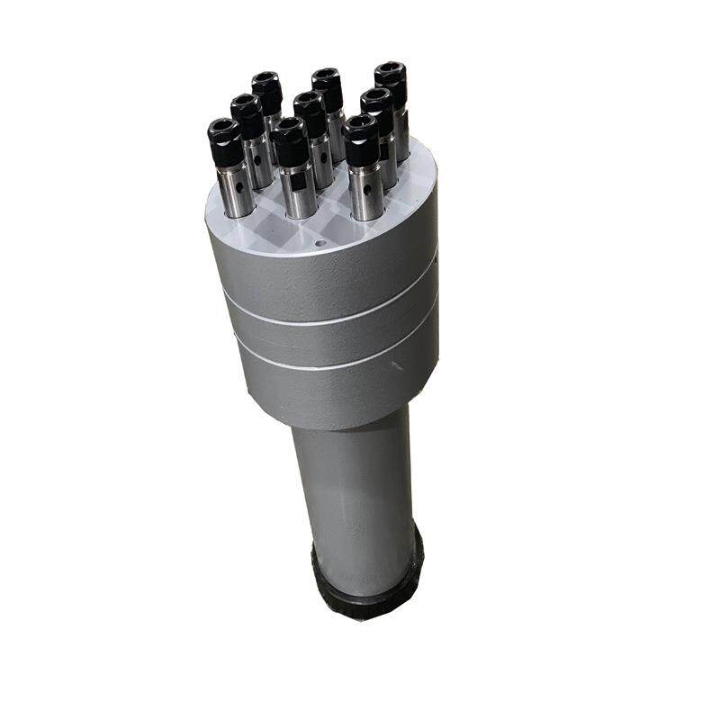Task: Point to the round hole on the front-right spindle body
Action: pyautogui.click(x=367, y=190)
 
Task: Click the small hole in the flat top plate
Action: pyautogui.click(x=320, y=243)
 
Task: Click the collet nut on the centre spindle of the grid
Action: pyautogui.click(x=310, y=109)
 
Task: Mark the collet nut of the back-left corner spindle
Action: pyautogui.click(x=266, y=89)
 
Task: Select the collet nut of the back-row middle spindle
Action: pyautogui.click(x=327, y=84)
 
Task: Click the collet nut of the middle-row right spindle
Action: pyautogui.click(x=377, y=104)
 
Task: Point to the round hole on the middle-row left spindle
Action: pyautogui.click(x=257, y=160)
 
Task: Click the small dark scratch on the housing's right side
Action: pyautogui.click(x=396, y=364)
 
